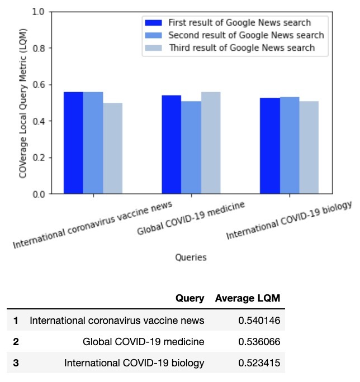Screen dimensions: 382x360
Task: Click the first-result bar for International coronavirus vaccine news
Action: tap(73, 143)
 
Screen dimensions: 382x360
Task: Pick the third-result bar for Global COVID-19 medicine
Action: tap(211, 143)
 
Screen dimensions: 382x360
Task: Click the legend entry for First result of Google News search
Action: tap(239, 23)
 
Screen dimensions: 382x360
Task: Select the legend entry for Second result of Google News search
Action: tap(246, 35)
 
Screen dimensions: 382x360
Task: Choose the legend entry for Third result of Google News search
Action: tap(241, 48)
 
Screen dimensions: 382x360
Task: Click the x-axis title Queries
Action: tap(191, 257)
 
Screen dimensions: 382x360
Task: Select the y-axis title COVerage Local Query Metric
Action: tap(23, 103)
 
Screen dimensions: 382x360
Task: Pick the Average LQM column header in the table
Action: tap(247, 298)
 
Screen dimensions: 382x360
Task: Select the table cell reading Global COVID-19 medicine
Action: tap(143, 342)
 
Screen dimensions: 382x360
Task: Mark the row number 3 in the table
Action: tap(16, 363)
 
